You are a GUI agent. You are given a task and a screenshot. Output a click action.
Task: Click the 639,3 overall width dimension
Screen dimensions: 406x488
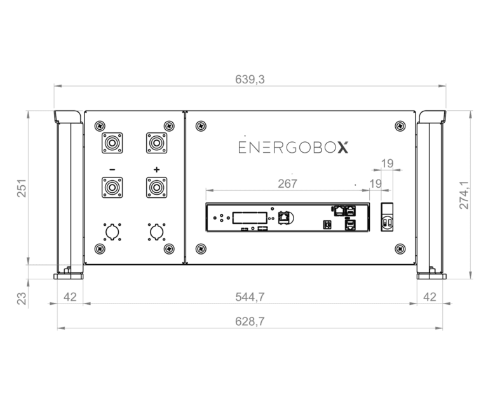[250, 79]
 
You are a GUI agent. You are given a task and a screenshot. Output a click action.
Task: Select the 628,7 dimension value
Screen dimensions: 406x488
[250, 321]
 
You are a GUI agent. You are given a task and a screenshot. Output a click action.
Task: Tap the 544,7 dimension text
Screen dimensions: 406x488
[250, 297]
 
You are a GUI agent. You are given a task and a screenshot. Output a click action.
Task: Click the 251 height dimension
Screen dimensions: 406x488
[20, 189]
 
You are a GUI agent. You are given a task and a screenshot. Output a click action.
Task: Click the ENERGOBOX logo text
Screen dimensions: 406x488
[293, 148]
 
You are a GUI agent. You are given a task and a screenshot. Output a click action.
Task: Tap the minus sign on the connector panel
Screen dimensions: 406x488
[112, 170]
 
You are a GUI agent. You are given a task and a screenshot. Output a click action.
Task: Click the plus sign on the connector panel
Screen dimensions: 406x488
[156, 170]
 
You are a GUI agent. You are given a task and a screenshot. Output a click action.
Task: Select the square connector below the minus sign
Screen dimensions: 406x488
[112, 188]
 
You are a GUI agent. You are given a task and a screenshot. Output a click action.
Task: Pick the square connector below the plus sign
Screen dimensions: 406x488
[156, 188]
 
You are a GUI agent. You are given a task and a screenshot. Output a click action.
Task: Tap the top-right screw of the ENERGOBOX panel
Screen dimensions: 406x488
[399, 125]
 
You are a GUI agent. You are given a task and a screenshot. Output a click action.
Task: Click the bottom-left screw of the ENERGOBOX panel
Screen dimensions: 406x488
[201, 248]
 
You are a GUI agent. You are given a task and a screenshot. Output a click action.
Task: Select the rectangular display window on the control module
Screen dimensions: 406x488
[245, 218]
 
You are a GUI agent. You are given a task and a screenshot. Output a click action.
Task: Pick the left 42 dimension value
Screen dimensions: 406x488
[70, 297]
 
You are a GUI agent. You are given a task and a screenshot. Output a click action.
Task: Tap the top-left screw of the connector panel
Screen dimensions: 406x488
[99, 125]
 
